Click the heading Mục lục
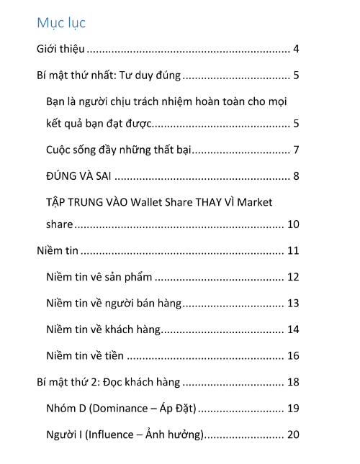pyautogui.click(x=61, y=23)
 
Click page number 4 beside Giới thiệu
pyautogui.click(x=296, y=50)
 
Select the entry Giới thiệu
pyautogui.click(x=61, y=50)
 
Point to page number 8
pyautogui.click(x=296, y=176)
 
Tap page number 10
pyautogui.click(x=293, y=224)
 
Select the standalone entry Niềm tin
pyautogui.click(x=57, y=251)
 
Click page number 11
pyautogui.click(x=293, y=251)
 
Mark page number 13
pyautogui.click(x=293, y=303)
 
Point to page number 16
pyautogui.click(x=293, y=355)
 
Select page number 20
pyautogui.click(x=293, y=434)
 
